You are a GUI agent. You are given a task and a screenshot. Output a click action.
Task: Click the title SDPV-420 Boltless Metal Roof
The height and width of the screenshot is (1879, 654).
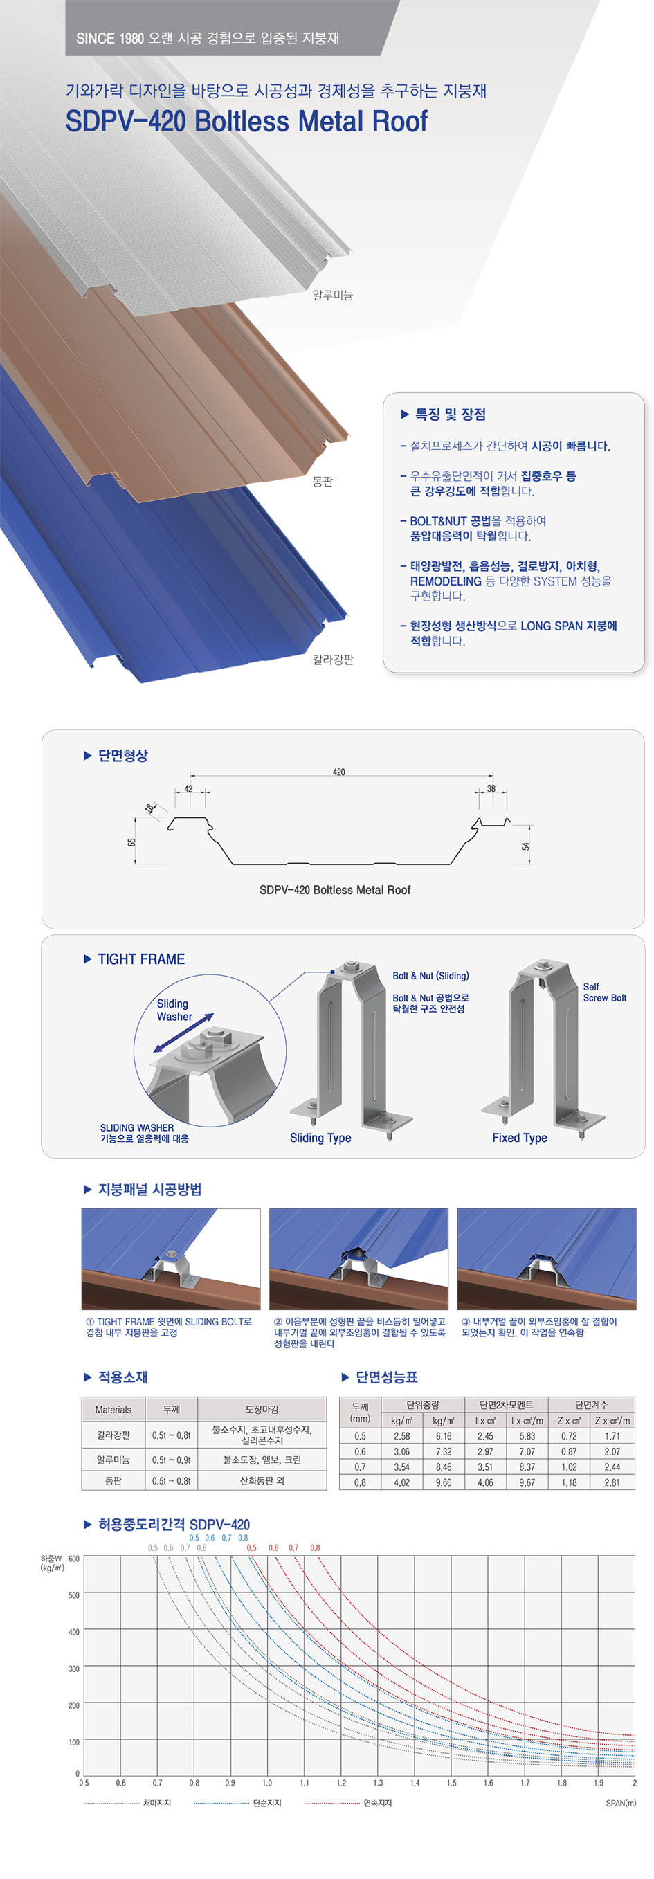[246, 121]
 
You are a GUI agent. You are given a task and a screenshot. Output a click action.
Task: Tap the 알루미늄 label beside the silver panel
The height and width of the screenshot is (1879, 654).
[332, 295]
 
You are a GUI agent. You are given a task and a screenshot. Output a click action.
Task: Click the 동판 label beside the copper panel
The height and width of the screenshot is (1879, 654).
[323, 481]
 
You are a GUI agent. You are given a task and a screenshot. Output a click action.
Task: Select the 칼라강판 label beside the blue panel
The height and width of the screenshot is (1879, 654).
[332, 659]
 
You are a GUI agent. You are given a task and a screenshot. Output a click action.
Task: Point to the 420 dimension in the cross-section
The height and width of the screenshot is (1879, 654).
[339, 772]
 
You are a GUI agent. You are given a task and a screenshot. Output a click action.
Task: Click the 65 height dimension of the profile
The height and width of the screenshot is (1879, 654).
[132, 842]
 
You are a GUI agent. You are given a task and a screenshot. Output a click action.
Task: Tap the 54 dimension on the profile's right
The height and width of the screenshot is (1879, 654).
[526, 846]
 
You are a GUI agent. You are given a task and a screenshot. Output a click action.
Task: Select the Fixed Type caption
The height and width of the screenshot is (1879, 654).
[519, 1137]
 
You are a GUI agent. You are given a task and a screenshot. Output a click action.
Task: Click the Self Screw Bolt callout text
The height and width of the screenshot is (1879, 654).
[604, 992]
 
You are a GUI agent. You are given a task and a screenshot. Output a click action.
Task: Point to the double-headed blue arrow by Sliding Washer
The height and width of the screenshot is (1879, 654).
[183, 1033]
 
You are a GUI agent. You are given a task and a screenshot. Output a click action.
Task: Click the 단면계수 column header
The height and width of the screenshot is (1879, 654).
[590, 1404]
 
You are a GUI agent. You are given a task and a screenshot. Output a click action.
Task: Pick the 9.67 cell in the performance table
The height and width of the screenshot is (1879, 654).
[527, 1482]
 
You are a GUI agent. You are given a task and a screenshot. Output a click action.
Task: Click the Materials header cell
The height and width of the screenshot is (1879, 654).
[113, 1409]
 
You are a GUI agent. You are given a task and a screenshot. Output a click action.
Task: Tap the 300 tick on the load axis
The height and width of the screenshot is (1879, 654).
[73, 1668]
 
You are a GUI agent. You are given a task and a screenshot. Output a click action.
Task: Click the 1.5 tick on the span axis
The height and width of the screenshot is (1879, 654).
[451, 1782]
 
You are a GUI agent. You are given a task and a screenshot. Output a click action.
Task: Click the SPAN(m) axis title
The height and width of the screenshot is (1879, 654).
[621, 1802]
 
